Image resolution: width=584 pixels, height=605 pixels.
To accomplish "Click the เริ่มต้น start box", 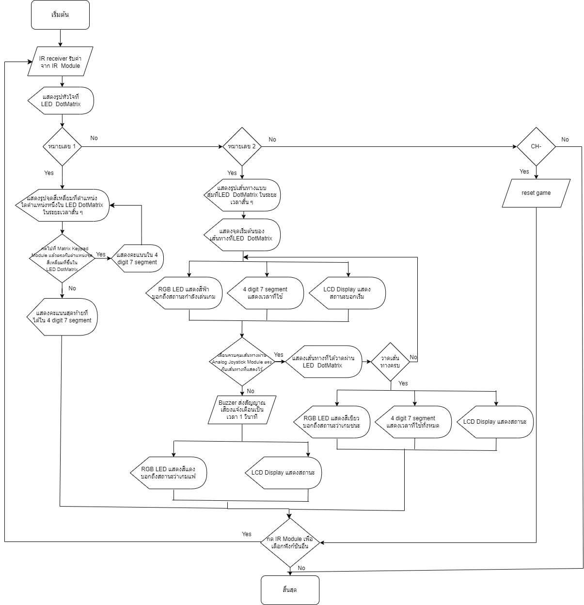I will [60, 15].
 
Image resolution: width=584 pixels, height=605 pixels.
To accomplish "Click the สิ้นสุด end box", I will [290, 590].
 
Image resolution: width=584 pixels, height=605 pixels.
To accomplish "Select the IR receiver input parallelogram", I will [60, 62].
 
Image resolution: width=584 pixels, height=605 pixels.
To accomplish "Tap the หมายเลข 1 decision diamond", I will [62, 146].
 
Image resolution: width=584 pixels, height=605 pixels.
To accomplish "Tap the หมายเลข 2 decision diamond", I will [242, 146].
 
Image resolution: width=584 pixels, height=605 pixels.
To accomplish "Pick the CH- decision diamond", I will [536, 146].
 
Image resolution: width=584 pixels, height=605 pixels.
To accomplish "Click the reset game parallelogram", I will [536, 193].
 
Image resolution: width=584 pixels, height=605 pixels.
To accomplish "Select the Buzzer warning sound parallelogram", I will [241, 410].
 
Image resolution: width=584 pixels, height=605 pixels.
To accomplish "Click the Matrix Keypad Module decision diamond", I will [62, 259].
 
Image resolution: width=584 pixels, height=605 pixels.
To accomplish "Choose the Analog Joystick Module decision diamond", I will [241, 362].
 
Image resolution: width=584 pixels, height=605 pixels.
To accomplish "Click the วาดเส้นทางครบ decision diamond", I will [391, 362].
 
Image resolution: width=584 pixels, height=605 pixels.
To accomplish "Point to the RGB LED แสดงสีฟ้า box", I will [184, 293].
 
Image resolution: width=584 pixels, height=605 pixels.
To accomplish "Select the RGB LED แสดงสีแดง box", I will [169, 473].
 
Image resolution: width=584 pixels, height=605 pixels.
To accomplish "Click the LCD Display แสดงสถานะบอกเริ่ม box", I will [347, 293].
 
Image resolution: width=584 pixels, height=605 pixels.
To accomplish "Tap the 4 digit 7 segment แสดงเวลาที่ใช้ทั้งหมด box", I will [413, 422].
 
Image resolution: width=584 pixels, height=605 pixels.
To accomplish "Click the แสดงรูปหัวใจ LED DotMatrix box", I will [61, 100].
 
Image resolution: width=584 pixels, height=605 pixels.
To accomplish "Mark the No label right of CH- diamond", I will [565, 140].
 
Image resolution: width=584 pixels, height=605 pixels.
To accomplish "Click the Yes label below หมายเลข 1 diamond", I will [49, 173].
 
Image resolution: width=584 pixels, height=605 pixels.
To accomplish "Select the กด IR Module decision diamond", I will [290, 542].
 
